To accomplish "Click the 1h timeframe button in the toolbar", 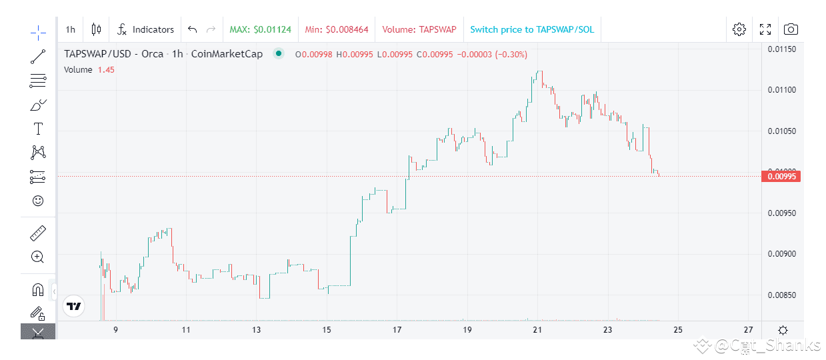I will [x=70, y=29].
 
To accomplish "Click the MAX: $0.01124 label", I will [x=260, y=29].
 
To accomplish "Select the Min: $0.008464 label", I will [x=337, y=29].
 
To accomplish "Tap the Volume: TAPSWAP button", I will [x=419, y=29].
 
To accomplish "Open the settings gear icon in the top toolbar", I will [x=739, y=29].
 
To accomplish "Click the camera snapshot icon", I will [x=791, y=29].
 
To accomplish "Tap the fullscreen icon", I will [x=765, y=29].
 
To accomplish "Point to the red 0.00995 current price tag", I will [x=781, y=177].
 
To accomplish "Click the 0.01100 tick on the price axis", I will [x=781, y=90].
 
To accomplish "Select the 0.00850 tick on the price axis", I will [x=781, y=295].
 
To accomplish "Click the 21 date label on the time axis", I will [x=537, y=330].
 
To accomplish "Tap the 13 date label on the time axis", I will [x=257, y=330].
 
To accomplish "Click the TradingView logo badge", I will [x=74, y=306].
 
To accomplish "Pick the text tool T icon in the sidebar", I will [x=38, y=129].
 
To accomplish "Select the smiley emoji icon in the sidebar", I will [x=38, y=201].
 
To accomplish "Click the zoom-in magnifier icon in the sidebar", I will [x=38, y=257].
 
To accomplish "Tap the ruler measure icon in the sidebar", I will [x=38, y=233].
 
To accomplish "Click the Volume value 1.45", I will [x=106, y=69].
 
